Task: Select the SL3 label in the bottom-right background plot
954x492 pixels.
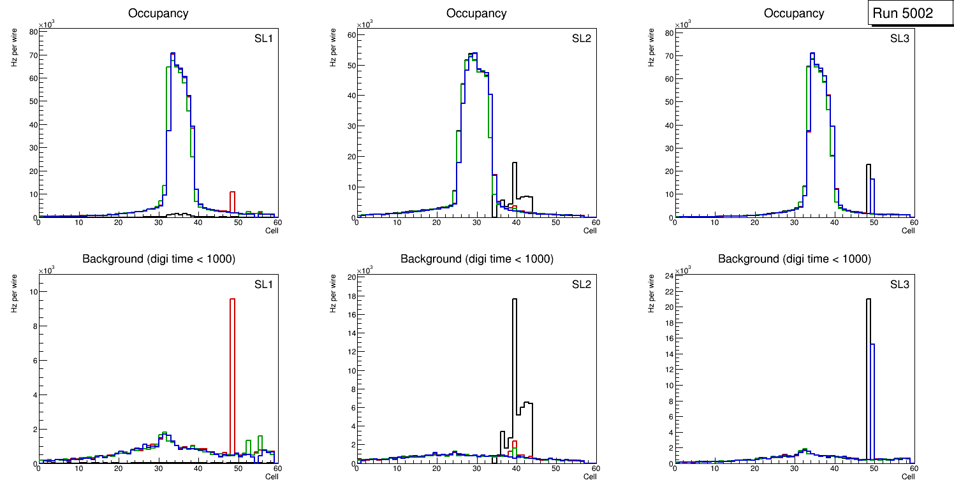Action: pos(899,284)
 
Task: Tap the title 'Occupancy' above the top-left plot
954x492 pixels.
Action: pos(158,13)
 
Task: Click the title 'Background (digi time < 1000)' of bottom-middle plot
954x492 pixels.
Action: pos(476,259)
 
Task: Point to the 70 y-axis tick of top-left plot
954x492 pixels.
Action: pos(32,55)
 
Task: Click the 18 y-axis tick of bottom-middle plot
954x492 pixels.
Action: pos(350,296)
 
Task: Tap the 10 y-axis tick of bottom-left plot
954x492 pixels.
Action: pos(32,292)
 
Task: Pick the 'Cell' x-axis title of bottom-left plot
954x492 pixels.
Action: pos(272,477)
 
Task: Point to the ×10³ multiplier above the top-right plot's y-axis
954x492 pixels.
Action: pos(684,25)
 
